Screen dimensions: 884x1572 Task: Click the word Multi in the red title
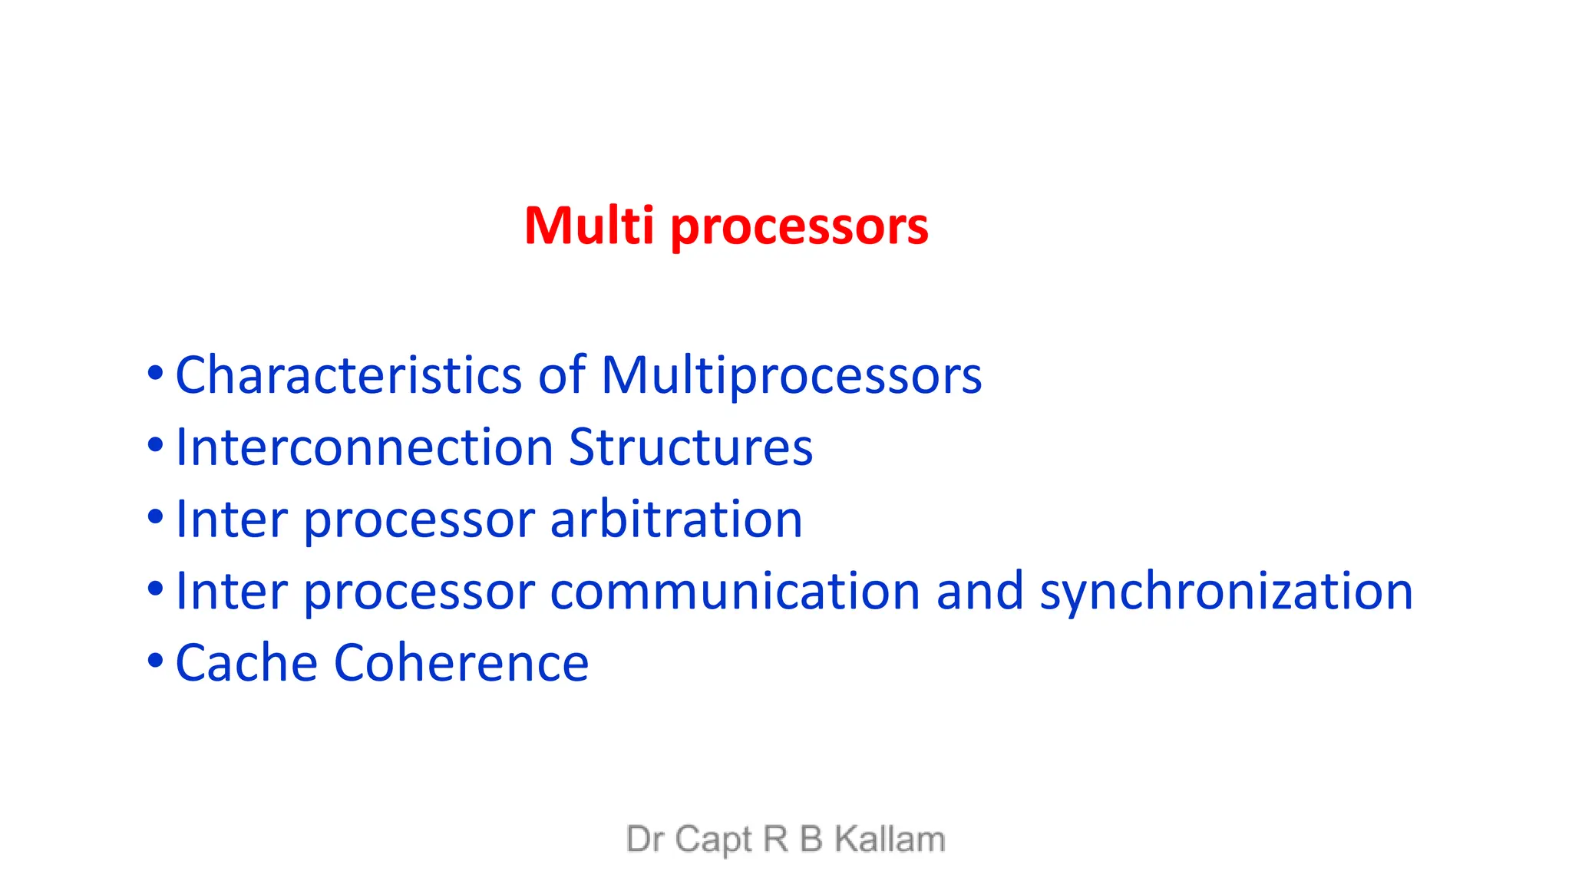coord(589,226)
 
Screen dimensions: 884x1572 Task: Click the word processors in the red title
coord(799,227)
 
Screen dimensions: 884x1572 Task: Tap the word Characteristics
coord(348,375)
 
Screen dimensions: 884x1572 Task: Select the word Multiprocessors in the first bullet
coord(791,376)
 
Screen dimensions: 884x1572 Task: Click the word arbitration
coord(676,520)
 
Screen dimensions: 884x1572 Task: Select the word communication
coord(735,591)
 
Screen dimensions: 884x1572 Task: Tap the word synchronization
coord(1226,592)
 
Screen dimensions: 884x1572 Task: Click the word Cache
coord(246,663)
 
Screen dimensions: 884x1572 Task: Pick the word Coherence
coord(461,663)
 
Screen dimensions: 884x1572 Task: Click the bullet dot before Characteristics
coord(155,374)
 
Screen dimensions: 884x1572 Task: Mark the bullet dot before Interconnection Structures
coord(155,445)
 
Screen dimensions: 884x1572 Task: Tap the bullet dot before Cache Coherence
coord(155,660)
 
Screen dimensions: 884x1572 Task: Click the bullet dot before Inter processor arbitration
coord(155,516)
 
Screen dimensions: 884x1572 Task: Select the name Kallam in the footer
coord(890,839)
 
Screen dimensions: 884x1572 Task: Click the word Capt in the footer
coord(713,839)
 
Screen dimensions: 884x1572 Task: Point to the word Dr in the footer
coord(645,839)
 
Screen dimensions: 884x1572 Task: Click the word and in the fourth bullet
coord(979,591)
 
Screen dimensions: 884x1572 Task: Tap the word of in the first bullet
coord(562,375)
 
